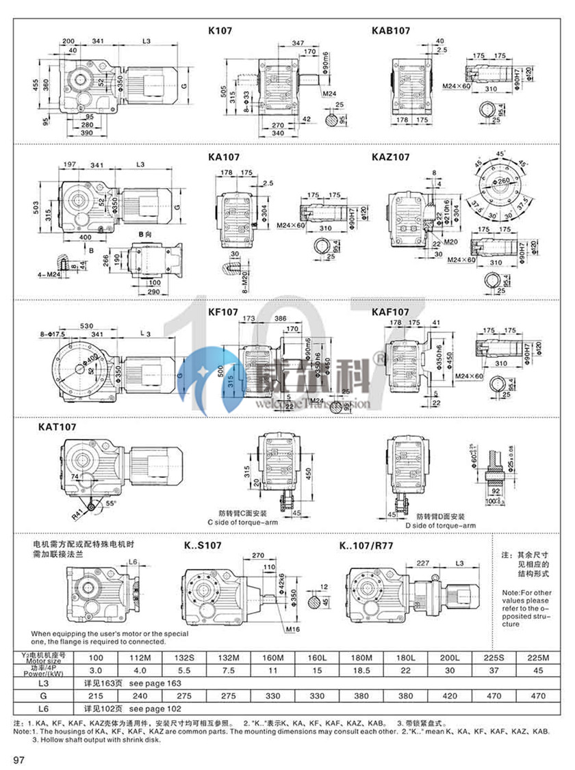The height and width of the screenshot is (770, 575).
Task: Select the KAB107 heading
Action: pyautogui.click(x=391, y=31)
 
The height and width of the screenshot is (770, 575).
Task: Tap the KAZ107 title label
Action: pyautogui.click(x=391, y=157)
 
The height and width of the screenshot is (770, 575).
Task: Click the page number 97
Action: pyautogui.click(x=19, y=760)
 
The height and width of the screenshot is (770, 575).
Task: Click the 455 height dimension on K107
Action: pyautogui.click(x=34, y=83)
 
